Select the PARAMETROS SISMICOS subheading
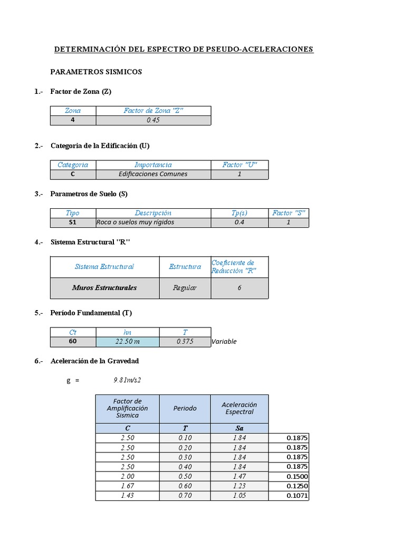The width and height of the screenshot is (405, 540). pos(96,72)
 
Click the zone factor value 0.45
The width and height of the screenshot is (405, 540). pos(153,120)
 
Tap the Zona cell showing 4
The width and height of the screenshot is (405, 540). pos(73,120)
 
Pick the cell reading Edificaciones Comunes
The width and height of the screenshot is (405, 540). pos(153,174)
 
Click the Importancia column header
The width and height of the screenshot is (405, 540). pos(153,165)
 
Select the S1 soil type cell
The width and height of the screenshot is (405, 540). pos(73,222)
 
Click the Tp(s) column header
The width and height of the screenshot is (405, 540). pos(239,213)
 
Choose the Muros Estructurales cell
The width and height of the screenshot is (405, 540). pos(104,288)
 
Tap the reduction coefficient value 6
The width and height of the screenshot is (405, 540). pos(239,288)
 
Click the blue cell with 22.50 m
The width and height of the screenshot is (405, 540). pos(127,342)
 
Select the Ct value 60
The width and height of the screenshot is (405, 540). pos(73,342)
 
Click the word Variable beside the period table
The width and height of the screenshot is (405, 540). pos(224,342)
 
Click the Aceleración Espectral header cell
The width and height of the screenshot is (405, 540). pos(239,408)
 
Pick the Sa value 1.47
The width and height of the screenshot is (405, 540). pos(239,476)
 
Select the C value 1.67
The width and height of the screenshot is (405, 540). pos(127,486)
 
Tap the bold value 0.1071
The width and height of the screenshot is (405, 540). pos(297,496)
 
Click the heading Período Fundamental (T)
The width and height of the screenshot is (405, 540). pos(91,313)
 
